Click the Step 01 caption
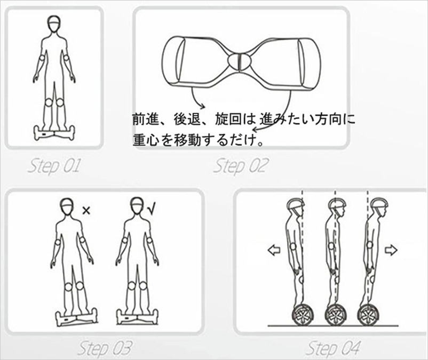tap(54, 166)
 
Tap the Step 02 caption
tap(241, 166)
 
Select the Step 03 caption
tap(105, 349)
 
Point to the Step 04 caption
tap(333, 349)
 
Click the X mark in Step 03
tap(86, 211)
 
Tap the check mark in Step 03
tap(151, 209)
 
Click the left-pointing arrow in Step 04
tap(274, 250)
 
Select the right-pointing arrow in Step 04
tap(391, 250)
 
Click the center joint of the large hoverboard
tap(239, 62)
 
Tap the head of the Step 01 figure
tap(54, 24)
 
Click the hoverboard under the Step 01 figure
tap(54, 133)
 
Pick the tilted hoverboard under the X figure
tap(76, 317)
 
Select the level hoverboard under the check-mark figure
tap(137, 317)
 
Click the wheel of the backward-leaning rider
tap(303, 315)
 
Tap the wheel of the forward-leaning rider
tap(367, 315)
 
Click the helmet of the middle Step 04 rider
tap(337, 204)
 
